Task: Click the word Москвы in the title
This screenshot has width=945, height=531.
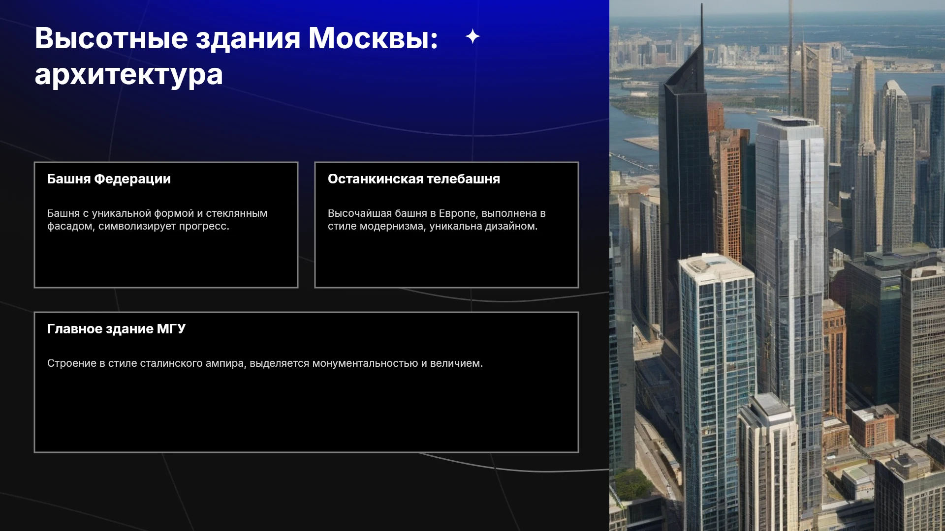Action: (x=373, y=38)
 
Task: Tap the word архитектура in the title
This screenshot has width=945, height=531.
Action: (x=129, y=75)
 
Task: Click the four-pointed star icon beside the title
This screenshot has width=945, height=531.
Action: (x=472, y=36)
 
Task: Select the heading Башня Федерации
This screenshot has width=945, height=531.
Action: (x=109, y=179)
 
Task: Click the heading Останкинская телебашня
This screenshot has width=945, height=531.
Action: (x=414, y=179)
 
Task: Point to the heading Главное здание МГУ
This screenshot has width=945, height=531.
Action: (x=116, y=329)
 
